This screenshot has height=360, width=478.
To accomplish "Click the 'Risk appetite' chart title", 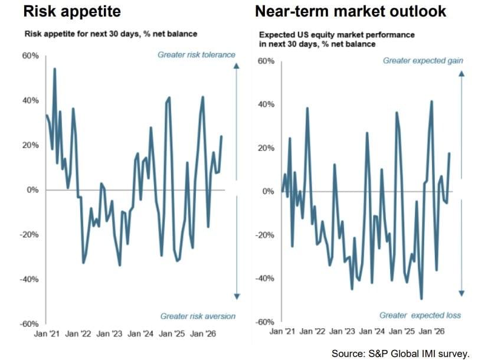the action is click(72, 12).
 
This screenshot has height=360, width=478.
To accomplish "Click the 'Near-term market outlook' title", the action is click(351, 12).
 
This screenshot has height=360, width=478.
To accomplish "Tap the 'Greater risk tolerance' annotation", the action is click(197, 55).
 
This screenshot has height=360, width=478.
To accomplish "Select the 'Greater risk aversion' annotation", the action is click(198, 316).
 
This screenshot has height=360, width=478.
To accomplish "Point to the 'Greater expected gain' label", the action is click(423, 61).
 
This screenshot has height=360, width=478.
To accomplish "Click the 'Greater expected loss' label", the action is click(420, 315).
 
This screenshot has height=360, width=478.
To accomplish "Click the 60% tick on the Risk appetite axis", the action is click(31, 56).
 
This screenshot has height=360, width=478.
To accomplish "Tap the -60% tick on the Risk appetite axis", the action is click(30, 324).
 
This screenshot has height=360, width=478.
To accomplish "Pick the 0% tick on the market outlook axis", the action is click(269, 191).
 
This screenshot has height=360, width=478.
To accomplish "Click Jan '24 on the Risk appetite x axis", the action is click(140, 334).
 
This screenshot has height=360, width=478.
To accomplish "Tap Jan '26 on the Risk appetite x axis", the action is click(203, 334).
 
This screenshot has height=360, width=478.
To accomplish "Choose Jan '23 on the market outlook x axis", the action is click(343, 331).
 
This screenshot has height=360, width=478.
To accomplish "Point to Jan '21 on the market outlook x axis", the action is click(282, 331).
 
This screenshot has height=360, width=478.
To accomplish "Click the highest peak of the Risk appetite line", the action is click(54, 69).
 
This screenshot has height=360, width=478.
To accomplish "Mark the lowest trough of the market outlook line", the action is click(421, 299).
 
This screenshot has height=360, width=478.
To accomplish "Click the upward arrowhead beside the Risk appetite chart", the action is click(237, 66).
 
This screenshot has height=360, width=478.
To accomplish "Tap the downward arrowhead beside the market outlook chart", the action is click(461, 293).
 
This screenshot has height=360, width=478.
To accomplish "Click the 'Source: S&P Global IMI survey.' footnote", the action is click(401, 354).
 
